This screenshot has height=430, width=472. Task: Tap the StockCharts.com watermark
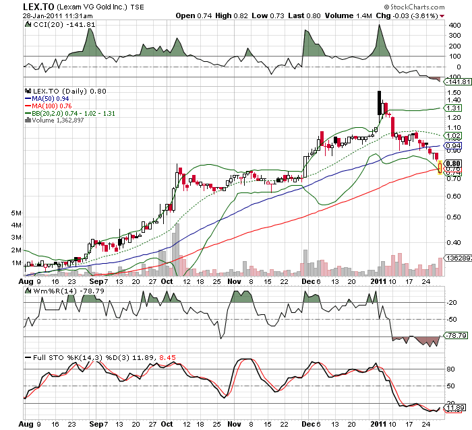[x=430, y=7]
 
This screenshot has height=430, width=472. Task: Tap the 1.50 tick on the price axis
[x=453, y=93]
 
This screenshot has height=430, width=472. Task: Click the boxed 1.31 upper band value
[x=453, y=108]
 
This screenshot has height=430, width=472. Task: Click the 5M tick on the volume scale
[x=18, y=213]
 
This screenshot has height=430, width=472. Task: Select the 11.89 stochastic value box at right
[x=453, y=408]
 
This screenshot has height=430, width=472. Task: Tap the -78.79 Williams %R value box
[x=453, y=334]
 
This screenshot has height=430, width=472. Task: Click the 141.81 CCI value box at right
[x=453, y=82]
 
